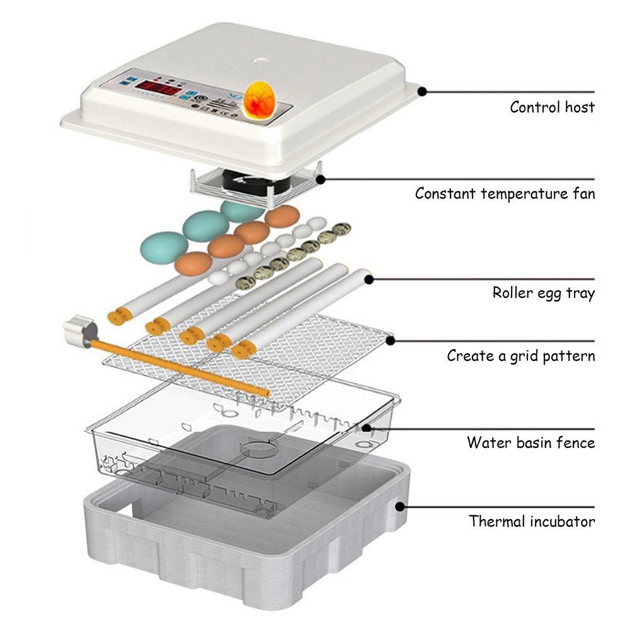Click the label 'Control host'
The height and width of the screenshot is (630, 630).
click(x=552, y=107)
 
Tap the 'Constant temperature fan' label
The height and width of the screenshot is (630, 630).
click(x=504, y=193)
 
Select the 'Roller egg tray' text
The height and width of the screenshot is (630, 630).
click(x=543, y=293)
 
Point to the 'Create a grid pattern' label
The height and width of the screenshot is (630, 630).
click(x=520, y=356)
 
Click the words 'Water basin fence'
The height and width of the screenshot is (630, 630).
click(x=530, y=442)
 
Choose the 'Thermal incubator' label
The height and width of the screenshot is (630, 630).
click(x=532, y=522)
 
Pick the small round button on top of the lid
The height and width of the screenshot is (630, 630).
click(x=259, y=60)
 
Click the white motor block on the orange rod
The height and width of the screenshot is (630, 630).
click(x=78, y=331)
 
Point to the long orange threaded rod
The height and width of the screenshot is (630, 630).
click(x=183, y=369)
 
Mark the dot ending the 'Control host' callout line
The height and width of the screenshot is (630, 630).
click(x=423, y=91)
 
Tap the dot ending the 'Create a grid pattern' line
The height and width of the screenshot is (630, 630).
click(x=391, y=340)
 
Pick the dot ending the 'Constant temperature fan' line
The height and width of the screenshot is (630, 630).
click(x=321, y=179)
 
